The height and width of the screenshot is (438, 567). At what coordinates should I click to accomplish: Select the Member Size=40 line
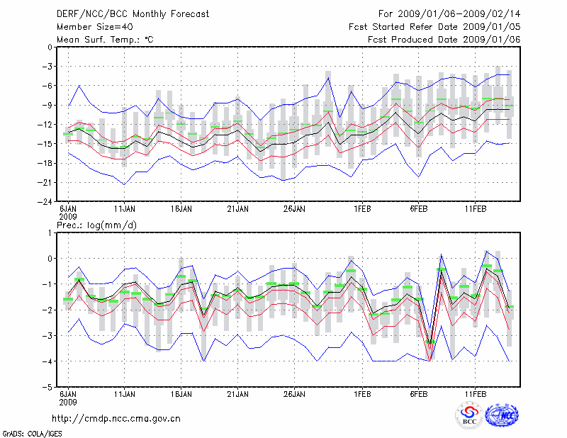click(x=94, y=27)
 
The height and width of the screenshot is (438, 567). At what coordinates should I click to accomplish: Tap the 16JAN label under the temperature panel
click(x=181, y=209)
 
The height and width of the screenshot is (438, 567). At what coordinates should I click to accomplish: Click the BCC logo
click(x=468, y=416)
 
